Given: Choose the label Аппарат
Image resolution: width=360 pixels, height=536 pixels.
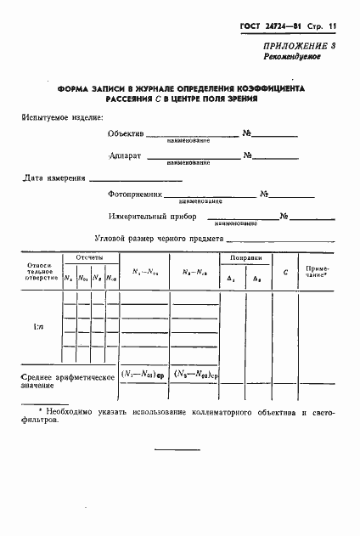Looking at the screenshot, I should click(x=125, y=156).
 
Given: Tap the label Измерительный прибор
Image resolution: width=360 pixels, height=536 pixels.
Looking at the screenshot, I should click(x=149, y=217).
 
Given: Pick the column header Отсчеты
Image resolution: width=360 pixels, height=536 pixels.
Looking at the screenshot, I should click(x=89, y=257).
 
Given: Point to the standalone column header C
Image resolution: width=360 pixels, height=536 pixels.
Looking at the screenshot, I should click(x=285, y=274).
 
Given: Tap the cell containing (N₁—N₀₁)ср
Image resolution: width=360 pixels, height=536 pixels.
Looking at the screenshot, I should click(x=141, y=375).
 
